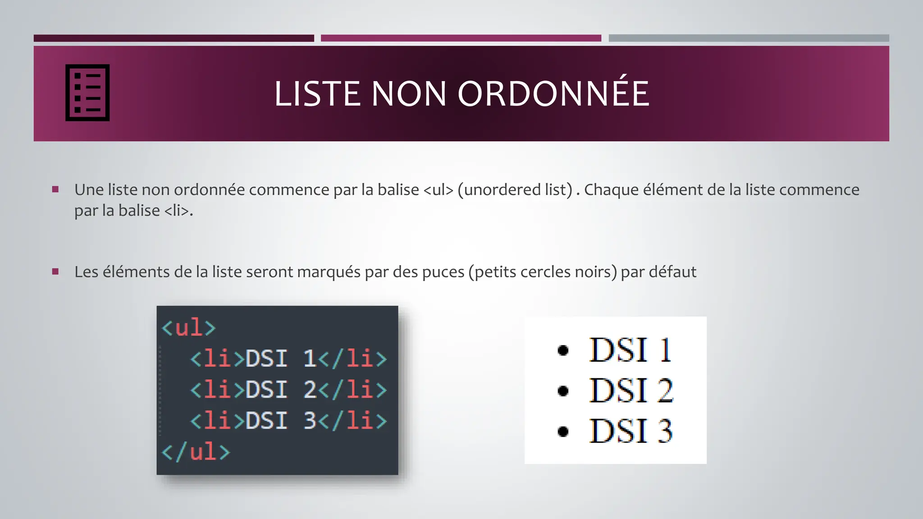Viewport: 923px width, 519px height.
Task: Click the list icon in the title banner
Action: click(87, 93)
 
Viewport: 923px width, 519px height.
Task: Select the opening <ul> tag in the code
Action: click(189, 328)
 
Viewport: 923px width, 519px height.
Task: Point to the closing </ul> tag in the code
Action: click(196, 451)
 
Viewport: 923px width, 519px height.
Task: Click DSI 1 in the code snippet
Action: click(280, 359)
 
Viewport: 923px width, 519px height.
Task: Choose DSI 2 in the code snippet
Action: click(280, 390)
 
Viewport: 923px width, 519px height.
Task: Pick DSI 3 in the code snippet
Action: click(280, 421)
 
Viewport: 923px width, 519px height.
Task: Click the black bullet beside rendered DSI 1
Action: click(563, 350)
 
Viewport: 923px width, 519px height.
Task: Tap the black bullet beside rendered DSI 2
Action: click(563, 391)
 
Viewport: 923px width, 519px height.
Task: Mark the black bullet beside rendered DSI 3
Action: click(563, 432)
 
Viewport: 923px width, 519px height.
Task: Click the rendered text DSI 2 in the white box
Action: click(631, 391)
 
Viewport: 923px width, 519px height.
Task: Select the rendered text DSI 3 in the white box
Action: click(631, 431)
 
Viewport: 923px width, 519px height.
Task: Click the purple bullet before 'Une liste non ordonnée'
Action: click(55, 190)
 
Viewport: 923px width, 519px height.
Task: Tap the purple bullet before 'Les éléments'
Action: click(55, 272)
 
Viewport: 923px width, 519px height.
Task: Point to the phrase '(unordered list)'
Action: click(515, 190)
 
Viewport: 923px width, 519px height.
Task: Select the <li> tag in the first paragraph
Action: click(177, 210)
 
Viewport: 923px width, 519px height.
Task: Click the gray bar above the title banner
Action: click(749, 38)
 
